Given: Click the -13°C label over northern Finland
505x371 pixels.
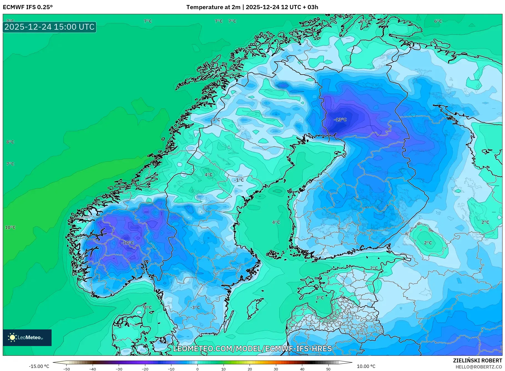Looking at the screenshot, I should [340, 120].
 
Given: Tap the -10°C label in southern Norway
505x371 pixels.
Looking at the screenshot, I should [128, 243].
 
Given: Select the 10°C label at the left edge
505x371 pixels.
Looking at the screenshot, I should [10, 228].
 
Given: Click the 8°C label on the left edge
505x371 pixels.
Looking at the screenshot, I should [10, 142].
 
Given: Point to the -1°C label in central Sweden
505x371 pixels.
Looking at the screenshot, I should [239, 180].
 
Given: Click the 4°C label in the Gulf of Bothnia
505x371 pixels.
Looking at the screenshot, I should [276, 222].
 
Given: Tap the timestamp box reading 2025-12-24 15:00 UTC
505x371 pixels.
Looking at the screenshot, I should [50, 27].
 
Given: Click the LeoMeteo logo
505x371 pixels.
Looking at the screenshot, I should [27, 337].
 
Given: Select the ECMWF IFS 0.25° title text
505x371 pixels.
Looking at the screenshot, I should [28, 7].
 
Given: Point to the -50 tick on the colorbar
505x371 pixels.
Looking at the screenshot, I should [67, 369].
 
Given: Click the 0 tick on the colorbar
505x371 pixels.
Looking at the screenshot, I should [197, 369].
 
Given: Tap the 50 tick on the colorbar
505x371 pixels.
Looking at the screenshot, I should [328, 369].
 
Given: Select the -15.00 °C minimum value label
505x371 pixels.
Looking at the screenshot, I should [39, 366].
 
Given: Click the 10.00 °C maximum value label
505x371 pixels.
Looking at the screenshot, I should [366, 366].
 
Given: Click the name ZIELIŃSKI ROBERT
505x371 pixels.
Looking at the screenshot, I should [477, 360].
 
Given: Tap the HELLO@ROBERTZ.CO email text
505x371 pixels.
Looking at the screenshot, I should [479, 367].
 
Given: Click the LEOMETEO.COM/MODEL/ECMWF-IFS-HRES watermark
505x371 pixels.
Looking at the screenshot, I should [252, 349].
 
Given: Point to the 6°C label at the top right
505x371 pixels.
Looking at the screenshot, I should [438, 21].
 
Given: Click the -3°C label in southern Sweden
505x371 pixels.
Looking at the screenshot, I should [195, 308].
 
